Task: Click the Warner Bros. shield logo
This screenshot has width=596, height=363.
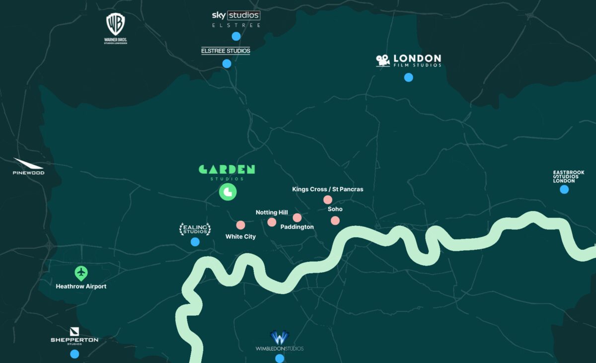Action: tap(116, 24)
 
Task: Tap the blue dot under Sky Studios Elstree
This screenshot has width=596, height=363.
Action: tap(236, 36)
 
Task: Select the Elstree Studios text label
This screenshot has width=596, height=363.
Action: tap(225, 51)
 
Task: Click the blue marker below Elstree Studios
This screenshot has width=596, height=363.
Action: tap(227, 64)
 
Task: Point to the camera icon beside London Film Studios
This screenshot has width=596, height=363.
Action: tap(382, 61)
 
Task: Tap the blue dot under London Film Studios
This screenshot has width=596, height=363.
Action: tap(408, 77)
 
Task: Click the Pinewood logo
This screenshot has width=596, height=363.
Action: tap(28, 166)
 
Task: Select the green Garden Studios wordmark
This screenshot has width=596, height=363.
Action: tap(227, 169)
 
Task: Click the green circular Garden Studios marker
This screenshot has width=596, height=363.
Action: tap(228, 192)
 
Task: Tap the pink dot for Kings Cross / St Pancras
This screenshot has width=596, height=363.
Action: tap(328, 200)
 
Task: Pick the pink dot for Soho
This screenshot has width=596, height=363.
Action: tap(335, 220)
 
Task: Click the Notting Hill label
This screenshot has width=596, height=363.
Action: tap(272, 213)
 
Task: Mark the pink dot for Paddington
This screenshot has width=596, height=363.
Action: tap(297, 218)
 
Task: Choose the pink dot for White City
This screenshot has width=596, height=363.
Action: tap(241, 225)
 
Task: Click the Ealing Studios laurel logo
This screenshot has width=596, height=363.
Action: tap(195, 229)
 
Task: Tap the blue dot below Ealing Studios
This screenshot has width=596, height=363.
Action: tap(195, 242)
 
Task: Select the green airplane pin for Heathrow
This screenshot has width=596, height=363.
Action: tap(81, 273)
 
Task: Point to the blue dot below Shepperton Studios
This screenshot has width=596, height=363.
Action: tap(74, 354)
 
